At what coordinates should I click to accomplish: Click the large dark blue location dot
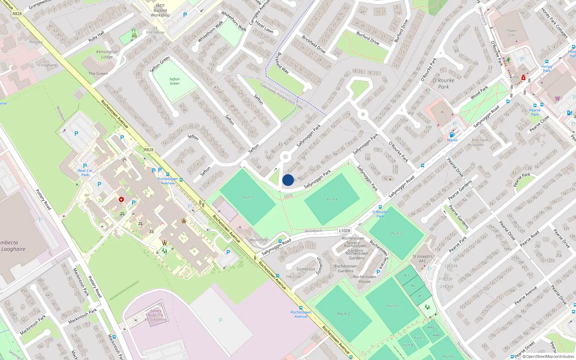[288, 180]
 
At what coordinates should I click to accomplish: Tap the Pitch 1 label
[248, 197]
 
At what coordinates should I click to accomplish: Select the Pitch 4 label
[332, 199]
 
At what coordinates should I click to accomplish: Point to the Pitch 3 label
[396, 233]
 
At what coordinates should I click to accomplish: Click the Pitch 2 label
[343, 314]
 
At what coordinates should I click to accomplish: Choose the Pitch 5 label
[392, 306]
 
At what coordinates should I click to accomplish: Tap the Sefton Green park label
[175, 81]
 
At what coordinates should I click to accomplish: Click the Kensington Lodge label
[107, 54]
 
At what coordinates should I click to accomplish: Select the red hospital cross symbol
[121, 199]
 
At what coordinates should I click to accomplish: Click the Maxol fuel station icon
[452, 135]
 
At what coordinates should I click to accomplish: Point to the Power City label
[512, 33]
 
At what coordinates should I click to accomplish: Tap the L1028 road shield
[345, 231]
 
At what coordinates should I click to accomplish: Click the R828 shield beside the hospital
[149, 150]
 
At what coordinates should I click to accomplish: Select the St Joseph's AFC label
[423, 259]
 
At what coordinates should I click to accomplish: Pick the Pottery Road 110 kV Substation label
[156, 315]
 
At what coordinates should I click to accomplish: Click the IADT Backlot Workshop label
[160, 10]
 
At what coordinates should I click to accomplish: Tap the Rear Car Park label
[85, 173]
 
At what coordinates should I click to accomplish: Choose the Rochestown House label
[364, 279]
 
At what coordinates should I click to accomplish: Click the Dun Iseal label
[480, 140]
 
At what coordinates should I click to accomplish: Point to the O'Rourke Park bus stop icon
[380, 207]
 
